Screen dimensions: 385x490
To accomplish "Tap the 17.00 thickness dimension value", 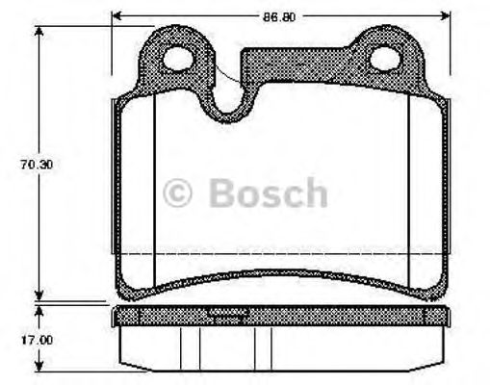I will coord(37,340).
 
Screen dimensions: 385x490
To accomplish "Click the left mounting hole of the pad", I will coord(180,62).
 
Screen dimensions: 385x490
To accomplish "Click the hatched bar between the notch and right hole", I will coord(298,67).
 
